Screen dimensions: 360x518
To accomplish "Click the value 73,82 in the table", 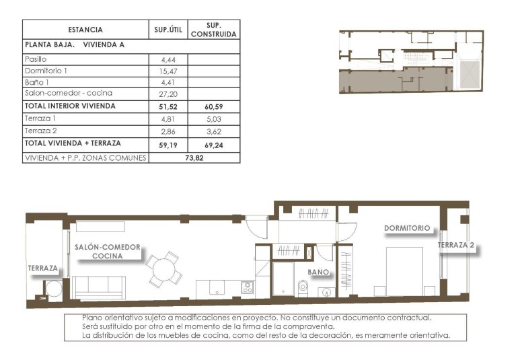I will tap(194, 157).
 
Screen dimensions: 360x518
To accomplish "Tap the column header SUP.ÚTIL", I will tap(168, 30).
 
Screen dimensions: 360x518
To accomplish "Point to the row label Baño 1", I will tap(36, 82).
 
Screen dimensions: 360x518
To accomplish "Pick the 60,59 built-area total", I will tap(213, 106).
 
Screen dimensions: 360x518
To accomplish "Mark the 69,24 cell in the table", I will tap(213, 143).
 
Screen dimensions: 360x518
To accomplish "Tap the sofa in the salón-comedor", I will tap(100, 287).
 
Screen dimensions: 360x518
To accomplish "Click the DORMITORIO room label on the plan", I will tap(406, 228).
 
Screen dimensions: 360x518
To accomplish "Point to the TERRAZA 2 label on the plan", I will tap(456, 246).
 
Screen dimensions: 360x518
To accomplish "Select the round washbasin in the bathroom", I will tap(327, 291).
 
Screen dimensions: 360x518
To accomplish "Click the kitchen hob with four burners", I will tap(247, 287).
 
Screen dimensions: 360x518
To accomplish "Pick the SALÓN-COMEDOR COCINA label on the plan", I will tap(108, 252).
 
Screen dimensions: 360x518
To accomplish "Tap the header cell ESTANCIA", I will tap(85, 30).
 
